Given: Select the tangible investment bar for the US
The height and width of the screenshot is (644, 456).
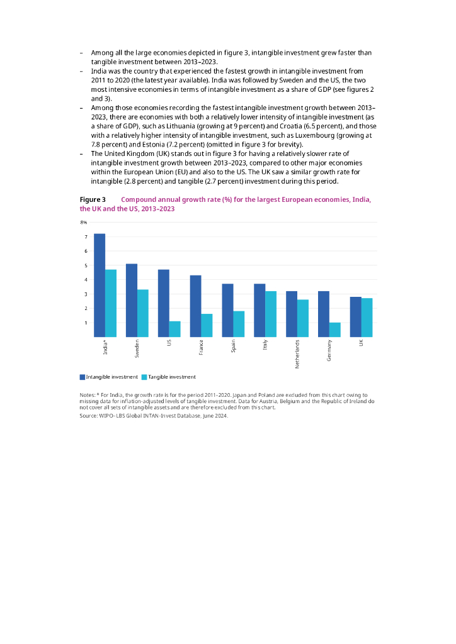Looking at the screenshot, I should click(175, 329).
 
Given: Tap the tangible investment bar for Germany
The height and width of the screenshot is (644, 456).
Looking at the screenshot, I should click(335, 330).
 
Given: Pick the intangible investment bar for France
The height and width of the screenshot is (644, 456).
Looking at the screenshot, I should click(196, 306).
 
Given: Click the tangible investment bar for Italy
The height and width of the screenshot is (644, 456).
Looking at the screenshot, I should click(271, 314).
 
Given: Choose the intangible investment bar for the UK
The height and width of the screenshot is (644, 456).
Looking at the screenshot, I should click(356, 316).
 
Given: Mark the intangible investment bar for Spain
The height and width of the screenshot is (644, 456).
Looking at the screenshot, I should click(228, 310).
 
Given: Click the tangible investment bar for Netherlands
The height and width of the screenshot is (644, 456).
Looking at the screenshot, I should click(303, 318).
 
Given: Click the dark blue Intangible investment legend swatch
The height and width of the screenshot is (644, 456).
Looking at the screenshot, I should click(82, 377).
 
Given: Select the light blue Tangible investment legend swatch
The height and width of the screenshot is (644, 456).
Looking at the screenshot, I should click(144, 377).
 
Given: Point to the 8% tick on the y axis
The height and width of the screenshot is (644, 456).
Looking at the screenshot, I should click(83, 223).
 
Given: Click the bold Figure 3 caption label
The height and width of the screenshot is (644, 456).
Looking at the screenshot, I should click(93, 200).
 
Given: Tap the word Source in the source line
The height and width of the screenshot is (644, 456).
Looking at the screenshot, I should click(89, 416).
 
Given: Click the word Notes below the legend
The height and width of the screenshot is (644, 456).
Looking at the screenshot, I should click(87, 394).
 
